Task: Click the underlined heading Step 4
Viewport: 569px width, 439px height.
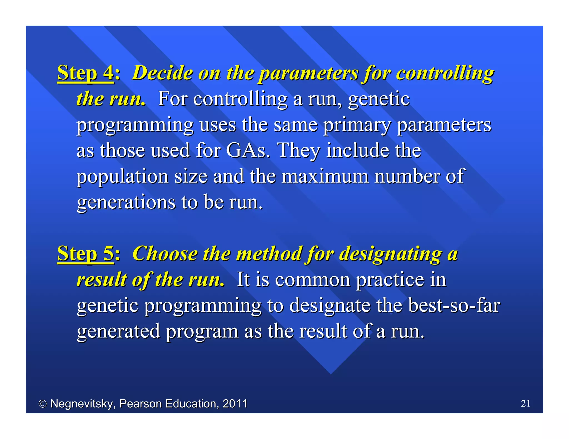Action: click(85, 73)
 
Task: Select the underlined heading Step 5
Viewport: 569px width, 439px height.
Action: click(85, 253)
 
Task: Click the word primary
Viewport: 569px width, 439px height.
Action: click(357, 125)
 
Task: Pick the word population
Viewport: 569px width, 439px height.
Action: click(123, 176)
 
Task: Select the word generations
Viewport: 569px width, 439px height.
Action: click(126, 202)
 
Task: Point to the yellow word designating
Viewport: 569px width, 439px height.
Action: click(391, 254)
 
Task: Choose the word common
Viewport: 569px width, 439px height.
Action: click(313, 279)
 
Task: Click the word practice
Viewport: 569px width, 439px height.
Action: click(390, 279)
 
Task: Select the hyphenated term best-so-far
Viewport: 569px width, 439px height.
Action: click(454, 305)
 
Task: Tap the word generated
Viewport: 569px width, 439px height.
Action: click(118, 331)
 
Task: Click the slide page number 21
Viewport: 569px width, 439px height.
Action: click(526, 403)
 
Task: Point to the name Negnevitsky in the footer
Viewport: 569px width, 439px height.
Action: click(83, 404)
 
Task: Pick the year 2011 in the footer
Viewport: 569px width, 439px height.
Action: click(235, 403)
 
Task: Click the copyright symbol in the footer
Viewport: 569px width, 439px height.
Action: click(42, 404)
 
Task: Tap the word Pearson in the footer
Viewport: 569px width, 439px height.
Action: click(140, 403)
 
